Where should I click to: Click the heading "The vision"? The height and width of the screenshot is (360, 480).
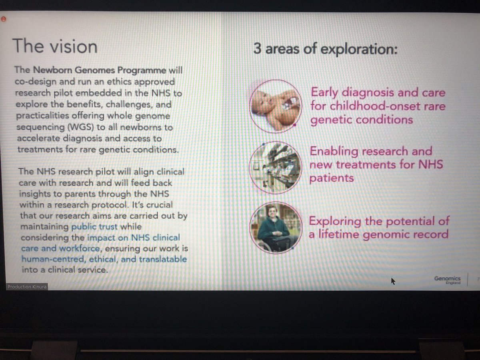click(x=55, y=46)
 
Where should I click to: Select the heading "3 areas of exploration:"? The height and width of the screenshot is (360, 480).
click(x=325, y=50)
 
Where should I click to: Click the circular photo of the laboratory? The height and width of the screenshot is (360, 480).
click(x=275, y=165)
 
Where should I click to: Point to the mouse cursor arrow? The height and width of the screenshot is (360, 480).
click(x=393, y=281)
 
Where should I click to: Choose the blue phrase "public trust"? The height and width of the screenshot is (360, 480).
click(x=94, y=226)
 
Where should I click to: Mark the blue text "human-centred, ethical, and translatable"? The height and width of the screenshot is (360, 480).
click(x=104, y=260)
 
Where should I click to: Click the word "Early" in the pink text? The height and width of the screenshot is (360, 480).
click(x=328, y=92)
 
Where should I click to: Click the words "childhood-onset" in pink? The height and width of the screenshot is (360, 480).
click(x=376, y=106)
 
